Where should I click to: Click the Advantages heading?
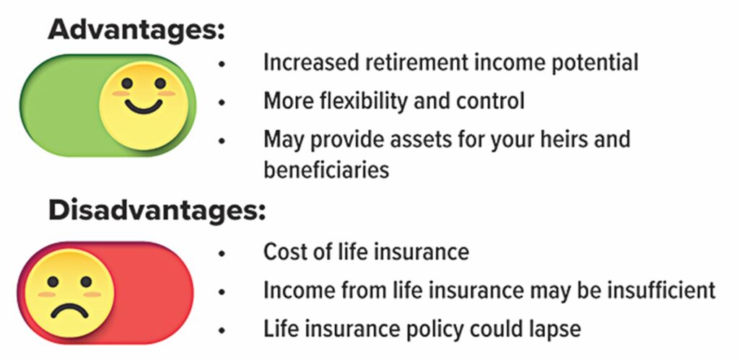(x=136, y=31)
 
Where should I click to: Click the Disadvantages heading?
(x=157, y=211)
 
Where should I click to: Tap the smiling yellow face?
(x=144, y=106)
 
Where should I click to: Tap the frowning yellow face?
(x=69, y=293)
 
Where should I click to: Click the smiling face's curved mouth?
(x=144, y=106)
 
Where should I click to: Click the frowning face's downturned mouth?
(x=70, y=312)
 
